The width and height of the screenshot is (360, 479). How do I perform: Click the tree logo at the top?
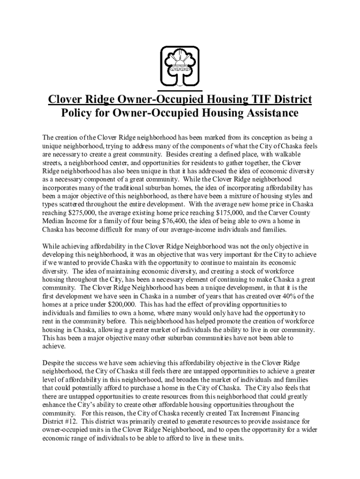click(180, 65)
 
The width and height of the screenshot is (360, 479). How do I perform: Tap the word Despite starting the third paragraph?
click(55, 363)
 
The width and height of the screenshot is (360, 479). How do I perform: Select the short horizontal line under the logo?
click(180, 90)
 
